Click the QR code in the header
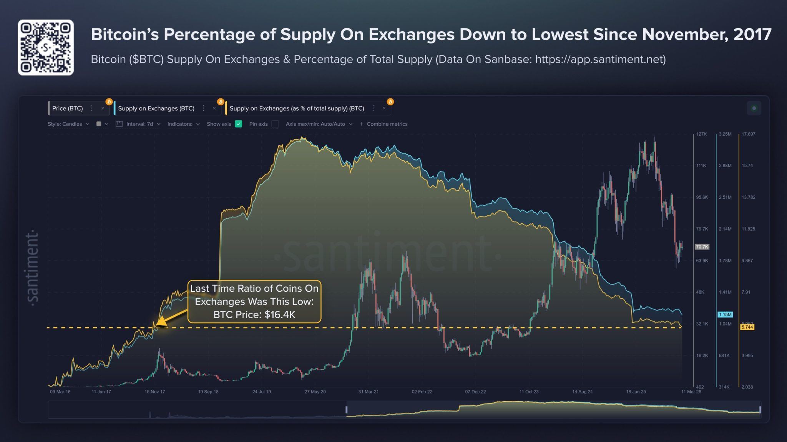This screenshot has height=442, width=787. (x=45, y=47)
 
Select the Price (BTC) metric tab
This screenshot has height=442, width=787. (x=68, y=108)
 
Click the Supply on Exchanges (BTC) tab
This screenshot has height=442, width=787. (x=156, y=108)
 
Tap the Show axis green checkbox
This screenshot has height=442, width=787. (x=238, y=124)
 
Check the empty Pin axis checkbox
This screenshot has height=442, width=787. (x=275, y=124)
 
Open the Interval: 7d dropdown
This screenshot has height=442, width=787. (x=139, y=124)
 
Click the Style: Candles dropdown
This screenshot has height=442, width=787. (x=68, y=124)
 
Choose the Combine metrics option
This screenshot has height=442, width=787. (x=384, y=124)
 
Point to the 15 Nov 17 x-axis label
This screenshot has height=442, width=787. (x=154, y=392)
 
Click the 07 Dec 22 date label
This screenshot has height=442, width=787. (x=475, y=392)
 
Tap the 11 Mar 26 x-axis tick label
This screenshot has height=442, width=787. (x=691, y=392)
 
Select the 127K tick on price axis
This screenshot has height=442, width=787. (x=701, y=134)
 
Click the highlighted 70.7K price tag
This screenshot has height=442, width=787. (x=702, y=247)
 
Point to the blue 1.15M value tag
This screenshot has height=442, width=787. (x=725, y=314)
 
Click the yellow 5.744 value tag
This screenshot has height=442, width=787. (x=747, y=327)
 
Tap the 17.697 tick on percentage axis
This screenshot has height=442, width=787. (x=748, y=134)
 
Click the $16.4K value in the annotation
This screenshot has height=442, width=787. (x=280, y=315)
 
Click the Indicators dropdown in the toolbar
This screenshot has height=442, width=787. (x=183, y=124)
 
